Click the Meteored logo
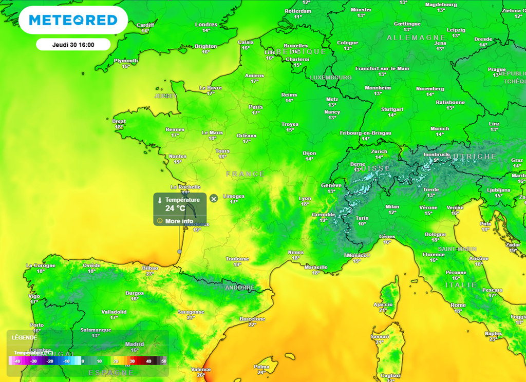coord(73,20)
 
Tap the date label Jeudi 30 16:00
coord(73,45)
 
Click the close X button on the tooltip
coord(214,198)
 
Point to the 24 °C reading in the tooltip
coord(175,208)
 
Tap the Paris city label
coord(256,107)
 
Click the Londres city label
coord(206,25)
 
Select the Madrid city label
coord(135,344)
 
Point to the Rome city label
coord(458,305)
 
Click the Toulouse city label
coord(237,259)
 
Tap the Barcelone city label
coord(252,319)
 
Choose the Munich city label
coord(440,129)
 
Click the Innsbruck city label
coord(436,154)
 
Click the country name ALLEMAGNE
coord(416,38)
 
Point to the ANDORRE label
coord(240,288)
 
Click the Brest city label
coord(119,121)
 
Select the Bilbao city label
coord(149,268)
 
